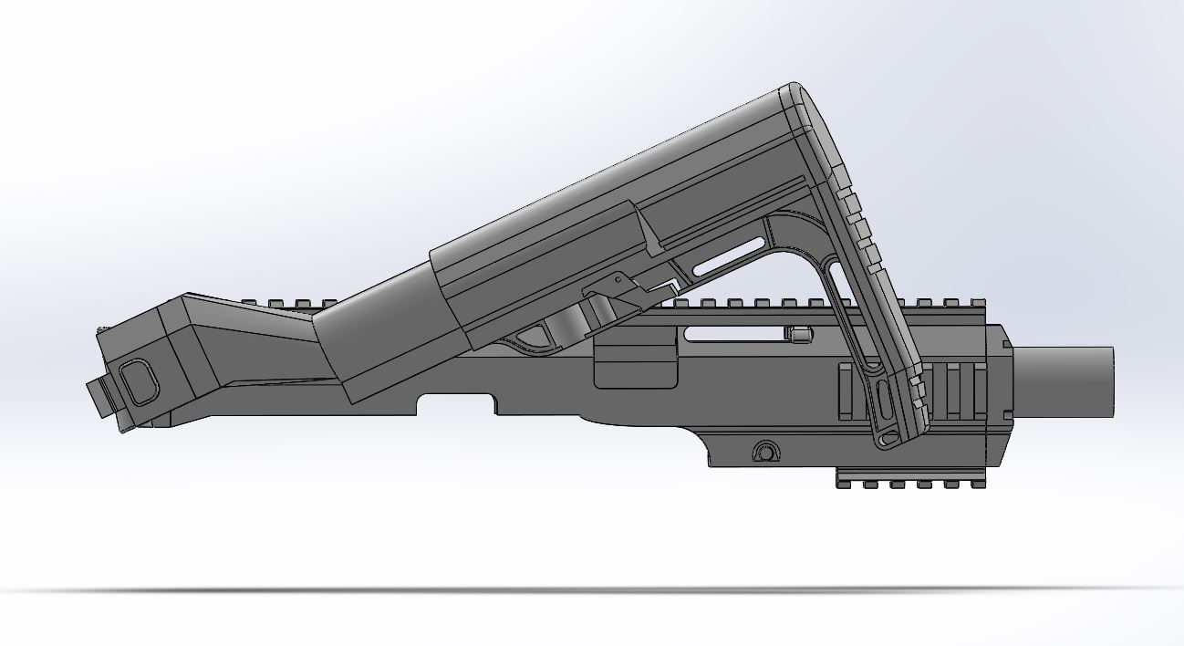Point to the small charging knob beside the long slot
coord(800,334)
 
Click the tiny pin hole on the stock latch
coord(618,278)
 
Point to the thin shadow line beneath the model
coord(593,590)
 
